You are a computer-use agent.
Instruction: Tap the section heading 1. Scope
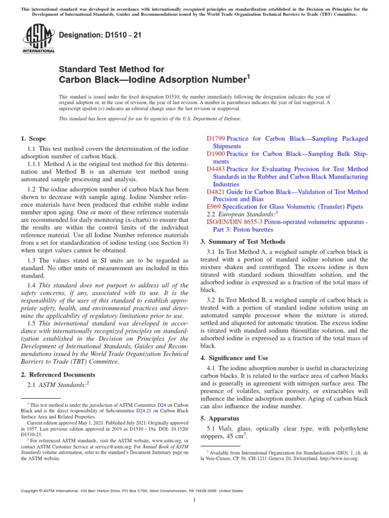point(33,139)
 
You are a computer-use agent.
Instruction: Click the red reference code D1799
point(216,139)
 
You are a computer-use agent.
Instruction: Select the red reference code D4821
point(216,192)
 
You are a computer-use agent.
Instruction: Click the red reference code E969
point(214,207)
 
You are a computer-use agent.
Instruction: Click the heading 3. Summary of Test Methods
point(243,242)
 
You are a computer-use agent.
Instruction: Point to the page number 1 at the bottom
point(194,500)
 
